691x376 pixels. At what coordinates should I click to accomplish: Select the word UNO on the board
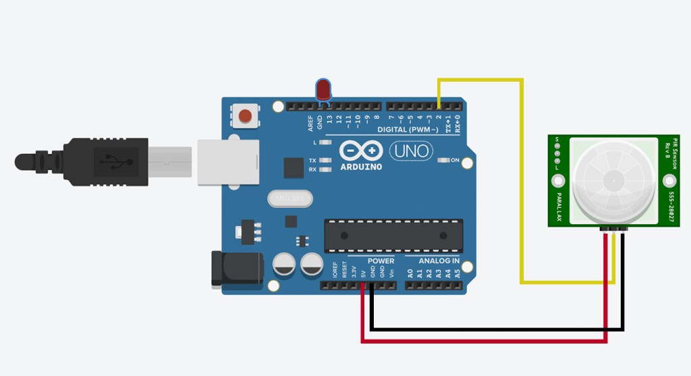pyautogui.click(x=411, y=151)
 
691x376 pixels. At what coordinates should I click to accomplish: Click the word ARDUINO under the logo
pyautogui.click(x=361, y=166)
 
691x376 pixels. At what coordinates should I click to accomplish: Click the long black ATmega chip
pyautogui.click(x=393, y=236)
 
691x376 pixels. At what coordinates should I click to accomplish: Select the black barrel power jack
pyautogui.click(x=236, y=269)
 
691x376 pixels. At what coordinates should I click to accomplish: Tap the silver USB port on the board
pyautogui.click(x=228, y=162)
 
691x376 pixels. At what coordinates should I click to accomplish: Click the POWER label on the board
pyautogui.click(x=381, y=261)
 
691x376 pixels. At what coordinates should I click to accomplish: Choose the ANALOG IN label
pyautogui.click(x=439, y=261)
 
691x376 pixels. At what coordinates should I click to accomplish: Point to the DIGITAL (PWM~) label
pyautogui.click(x=410, y=129)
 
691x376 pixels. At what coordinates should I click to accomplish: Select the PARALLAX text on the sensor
pyautogui.click(x=559, y=205)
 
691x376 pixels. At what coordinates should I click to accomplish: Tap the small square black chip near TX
pyautogui.click(x=294, y=167)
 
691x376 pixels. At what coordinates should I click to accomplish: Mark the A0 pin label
pyautogui.click(x=410, y=273)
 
